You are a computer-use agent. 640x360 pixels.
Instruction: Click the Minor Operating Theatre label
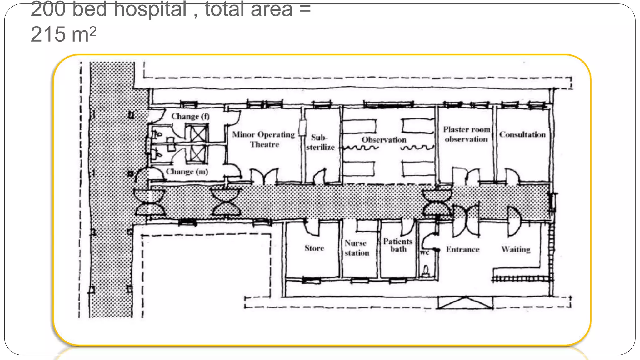263,139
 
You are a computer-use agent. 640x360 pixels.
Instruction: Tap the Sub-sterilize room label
320,142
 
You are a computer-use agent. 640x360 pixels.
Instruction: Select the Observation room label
384,140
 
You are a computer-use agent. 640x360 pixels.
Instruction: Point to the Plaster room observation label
466,134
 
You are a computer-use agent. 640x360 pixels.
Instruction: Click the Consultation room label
522,134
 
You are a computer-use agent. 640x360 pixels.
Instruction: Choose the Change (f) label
190,117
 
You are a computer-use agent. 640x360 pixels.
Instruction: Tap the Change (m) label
187,172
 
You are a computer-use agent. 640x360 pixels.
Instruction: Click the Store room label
314,248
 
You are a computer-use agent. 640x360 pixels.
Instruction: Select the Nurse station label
357,248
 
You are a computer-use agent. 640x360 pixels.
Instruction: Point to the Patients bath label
398,245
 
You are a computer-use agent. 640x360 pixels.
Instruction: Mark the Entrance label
462,249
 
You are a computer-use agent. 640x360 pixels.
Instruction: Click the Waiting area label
516,249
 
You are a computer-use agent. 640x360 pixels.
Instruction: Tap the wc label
424,252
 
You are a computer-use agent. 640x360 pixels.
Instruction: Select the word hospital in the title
150,9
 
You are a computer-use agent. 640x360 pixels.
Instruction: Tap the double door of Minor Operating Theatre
264,176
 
